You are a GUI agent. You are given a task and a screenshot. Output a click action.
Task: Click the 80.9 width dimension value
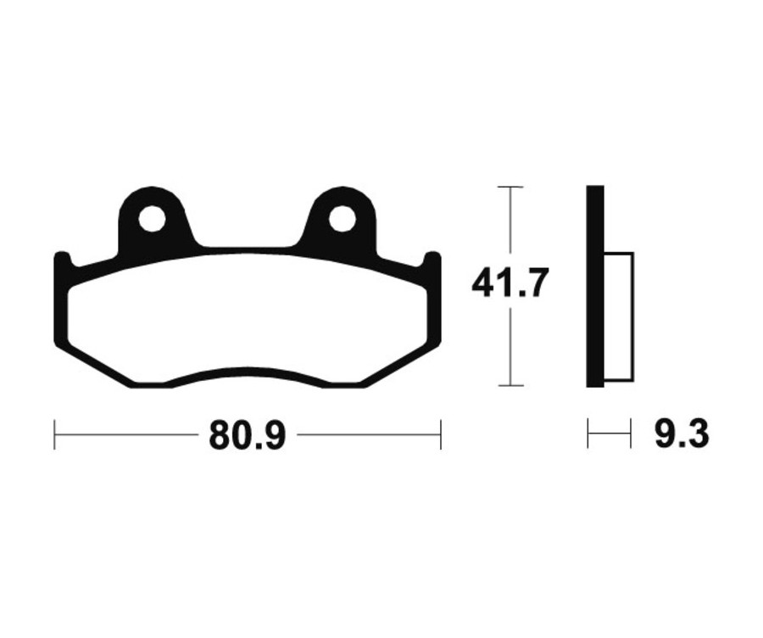tap(247, 435)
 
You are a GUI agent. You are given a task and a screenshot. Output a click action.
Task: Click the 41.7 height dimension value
tap(510, 283)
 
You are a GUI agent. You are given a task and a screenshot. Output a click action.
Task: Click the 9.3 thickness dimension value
tap(682, 434)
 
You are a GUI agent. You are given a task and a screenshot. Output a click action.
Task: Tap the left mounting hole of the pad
tap(152, 219)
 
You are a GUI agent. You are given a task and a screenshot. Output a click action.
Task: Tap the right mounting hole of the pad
tap(343, 219)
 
